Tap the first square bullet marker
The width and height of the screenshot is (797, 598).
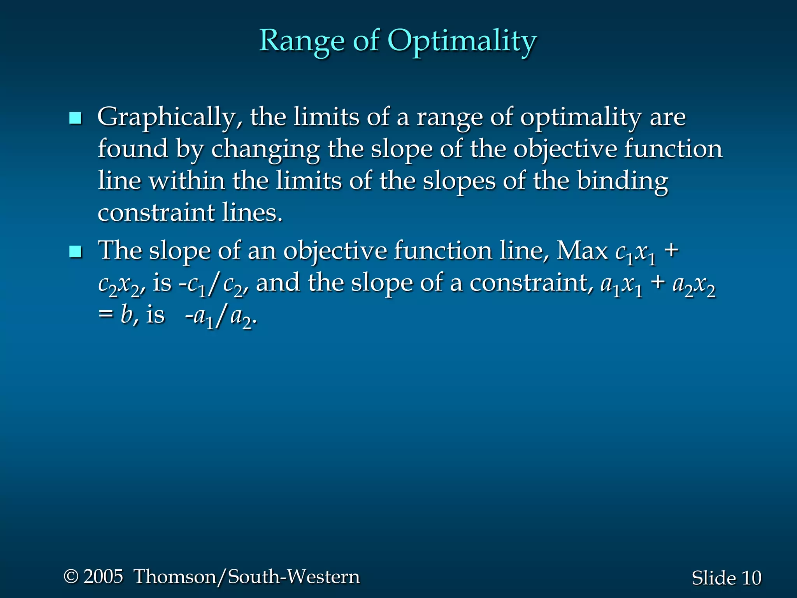(75, 118)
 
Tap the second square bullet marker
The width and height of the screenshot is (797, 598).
(75, 252)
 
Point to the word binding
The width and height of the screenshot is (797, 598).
(622, 182)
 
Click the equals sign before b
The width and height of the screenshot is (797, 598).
(105, 315)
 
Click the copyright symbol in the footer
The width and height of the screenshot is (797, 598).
(71, 576)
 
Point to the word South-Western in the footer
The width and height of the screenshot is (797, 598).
(294, 577)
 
